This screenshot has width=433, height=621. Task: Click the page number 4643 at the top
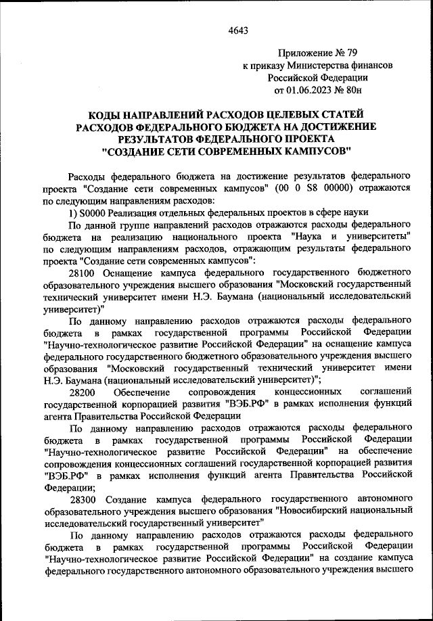click(x=238, y=29)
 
